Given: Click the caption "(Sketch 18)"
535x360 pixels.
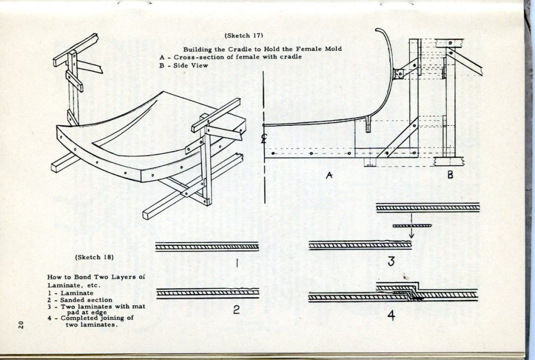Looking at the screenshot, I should [x=95, y=257].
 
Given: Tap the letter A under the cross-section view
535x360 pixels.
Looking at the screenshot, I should [x=329, y=176].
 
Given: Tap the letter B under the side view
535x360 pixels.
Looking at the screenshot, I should [x=450, y=175].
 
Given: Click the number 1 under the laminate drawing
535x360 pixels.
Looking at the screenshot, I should [x=237, y=263].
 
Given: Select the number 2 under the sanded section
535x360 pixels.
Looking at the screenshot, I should [x=236, y=311].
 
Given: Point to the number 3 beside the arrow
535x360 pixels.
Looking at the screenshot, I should [x=391, y=262].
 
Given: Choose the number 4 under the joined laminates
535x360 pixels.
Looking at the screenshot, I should [x=391, y=315].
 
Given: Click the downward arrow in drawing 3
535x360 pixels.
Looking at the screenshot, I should [x=411, y=233].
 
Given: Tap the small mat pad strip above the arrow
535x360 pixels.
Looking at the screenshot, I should [x=412, y=225].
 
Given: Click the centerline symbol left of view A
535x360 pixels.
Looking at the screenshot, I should [x=264, y=138].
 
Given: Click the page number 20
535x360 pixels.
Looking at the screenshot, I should [x=20, y=325].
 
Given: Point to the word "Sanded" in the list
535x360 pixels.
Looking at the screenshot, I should [x=71, y=300].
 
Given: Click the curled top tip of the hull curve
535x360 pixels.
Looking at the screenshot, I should [x=380, y=31].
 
